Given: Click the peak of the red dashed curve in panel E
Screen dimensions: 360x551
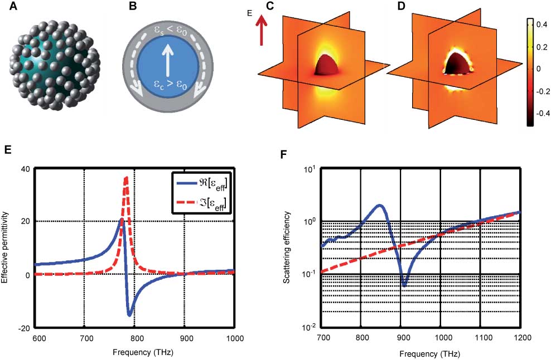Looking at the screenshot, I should [x=127, y=177].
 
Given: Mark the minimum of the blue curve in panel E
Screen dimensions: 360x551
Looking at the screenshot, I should [x=129, y=315].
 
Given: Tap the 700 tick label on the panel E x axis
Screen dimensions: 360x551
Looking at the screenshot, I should [x=84, y=338].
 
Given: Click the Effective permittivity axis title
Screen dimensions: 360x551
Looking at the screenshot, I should [x=7, y=248].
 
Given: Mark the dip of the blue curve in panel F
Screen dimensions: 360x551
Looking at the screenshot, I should [x=404, y=285].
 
